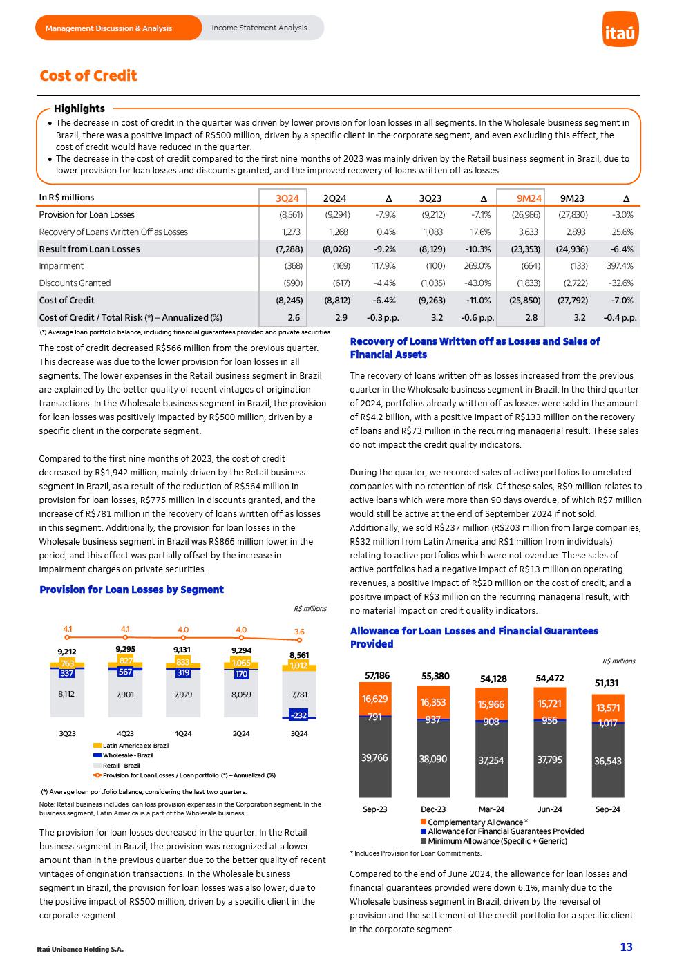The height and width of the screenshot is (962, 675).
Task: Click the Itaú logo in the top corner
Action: (x=620, y=29)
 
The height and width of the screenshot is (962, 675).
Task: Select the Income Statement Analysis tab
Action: (x=259, y=28)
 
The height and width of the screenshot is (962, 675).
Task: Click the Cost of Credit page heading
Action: (x=88, y=76)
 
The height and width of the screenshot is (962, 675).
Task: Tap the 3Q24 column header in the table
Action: (x=287, y=198)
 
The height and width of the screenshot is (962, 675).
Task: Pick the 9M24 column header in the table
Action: (x=529, y=198)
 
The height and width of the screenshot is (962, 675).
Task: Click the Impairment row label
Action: (x=61, y=266)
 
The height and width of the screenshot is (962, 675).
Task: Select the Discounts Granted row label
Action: (x=75, y=283)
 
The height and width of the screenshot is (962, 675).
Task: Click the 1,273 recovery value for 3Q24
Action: (x=292, y=232)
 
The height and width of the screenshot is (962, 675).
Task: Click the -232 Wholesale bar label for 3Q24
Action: (x=299, y=715)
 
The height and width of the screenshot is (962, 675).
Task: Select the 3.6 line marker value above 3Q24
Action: (x=299, y=632)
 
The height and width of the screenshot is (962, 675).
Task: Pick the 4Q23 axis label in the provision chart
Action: (x=125, y=733)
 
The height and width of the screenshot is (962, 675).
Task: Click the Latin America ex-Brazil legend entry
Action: (x=131, y=746)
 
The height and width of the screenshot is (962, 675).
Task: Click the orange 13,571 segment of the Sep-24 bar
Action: (x=608, y=708)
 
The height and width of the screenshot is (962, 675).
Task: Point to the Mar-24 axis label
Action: (x=491, y=809)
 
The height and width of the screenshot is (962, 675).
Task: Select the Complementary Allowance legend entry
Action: (x=475, y=822)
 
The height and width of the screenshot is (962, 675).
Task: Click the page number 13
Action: (x=626, y=947)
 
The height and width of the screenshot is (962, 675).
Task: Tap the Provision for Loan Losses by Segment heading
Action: (x=131, y=590)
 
